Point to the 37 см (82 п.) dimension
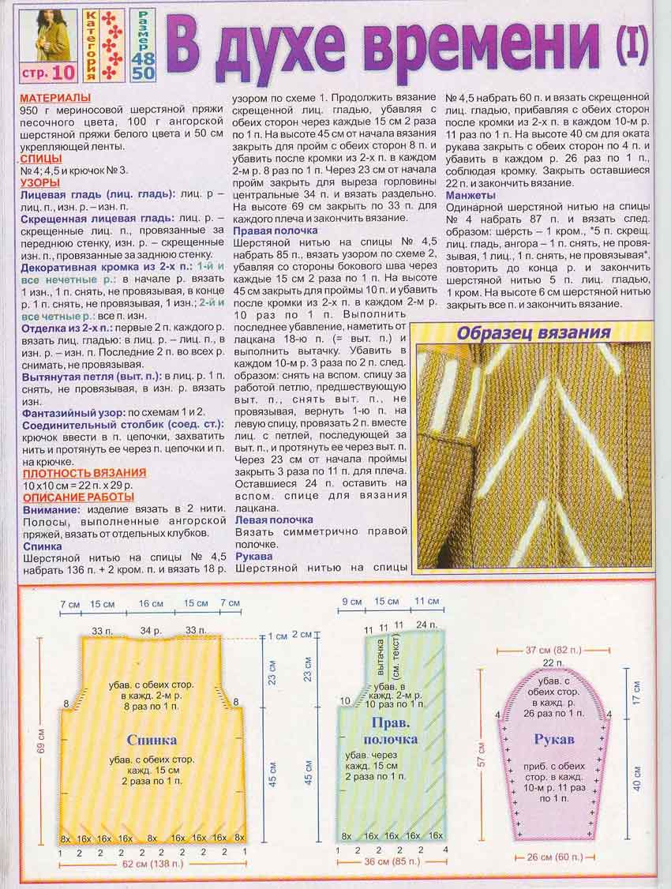553,649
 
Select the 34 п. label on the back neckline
150,631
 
